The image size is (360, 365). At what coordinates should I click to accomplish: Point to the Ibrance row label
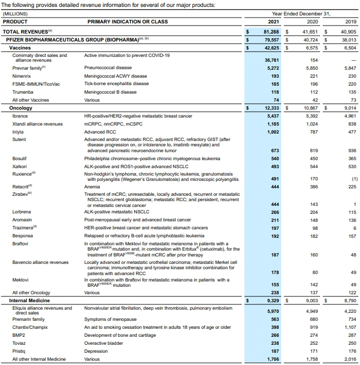20,116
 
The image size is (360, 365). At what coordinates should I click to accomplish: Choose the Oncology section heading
21,108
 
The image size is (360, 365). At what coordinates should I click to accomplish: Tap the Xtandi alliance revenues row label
37,124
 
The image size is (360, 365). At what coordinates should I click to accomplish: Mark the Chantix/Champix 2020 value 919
313,327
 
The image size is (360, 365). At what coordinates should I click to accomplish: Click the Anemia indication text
93,187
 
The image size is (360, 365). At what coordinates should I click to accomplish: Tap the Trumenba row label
23,92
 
